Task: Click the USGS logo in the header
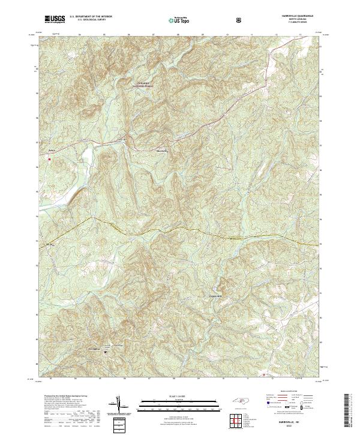pos(55,19)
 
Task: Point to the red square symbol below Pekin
pos(50,159)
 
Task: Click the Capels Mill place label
pos(223,295)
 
